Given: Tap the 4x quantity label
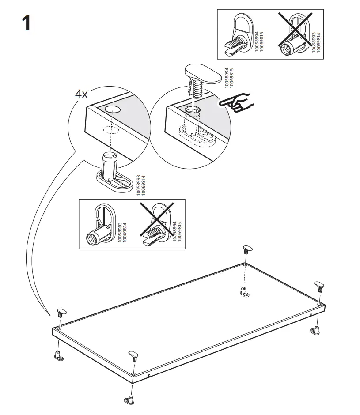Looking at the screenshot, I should pyautogui.click(x=81, y=94).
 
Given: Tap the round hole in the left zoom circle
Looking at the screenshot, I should pyautogui.click(x=112, y=109).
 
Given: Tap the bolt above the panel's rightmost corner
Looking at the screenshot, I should pyautogui.click(x=319, y=287).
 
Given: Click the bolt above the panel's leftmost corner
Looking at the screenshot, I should pyautogui.click(x=61, y=314).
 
